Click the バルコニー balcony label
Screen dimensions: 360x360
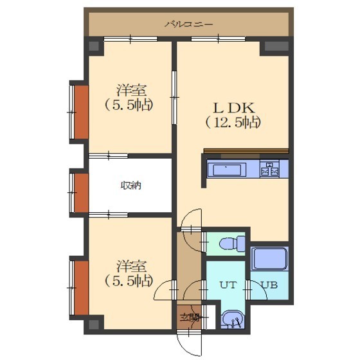pos(189,24)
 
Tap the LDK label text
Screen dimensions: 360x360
pos(234,108)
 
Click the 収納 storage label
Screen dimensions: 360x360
pos(131,186)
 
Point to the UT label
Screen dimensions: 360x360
pos(228,285)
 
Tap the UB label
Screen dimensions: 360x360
pos(270,285)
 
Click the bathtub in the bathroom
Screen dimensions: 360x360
pos(269,258)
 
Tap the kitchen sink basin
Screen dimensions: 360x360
pos(227,170)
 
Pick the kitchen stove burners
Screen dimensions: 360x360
pos(269,168)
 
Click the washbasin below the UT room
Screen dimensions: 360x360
pos(233,319)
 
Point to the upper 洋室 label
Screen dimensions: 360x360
pos(131,91)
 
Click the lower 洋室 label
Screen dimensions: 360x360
pos(131,266)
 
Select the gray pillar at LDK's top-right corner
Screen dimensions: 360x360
pos(276,46)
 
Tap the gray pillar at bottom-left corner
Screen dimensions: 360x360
pos(94,324)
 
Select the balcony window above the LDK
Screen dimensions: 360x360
pos(218,39)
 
